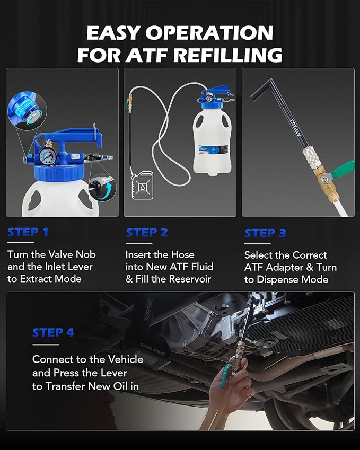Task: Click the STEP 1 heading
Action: click(28, 232)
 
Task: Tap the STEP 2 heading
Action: click(147, 233)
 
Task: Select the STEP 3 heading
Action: click(265, 233)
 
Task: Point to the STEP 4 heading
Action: click(53, 333)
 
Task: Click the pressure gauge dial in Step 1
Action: click(46, 157)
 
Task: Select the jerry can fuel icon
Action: click(143, 185)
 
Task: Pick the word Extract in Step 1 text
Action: click(36, 279)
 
